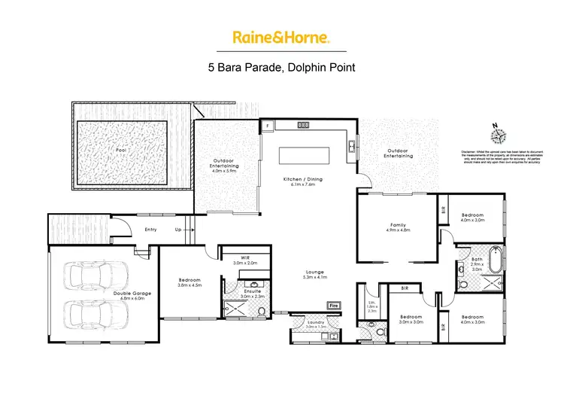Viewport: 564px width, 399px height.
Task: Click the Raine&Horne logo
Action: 281,37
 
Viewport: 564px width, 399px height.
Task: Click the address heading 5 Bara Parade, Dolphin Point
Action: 281,66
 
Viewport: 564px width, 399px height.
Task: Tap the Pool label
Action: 120,150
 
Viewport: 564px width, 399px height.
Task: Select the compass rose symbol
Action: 497,136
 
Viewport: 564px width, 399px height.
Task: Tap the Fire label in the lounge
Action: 332,305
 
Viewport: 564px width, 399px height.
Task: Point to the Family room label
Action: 398,224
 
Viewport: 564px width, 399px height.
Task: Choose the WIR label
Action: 239,258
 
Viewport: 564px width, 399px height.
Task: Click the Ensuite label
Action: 251,291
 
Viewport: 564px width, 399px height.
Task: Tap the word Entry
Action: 150,230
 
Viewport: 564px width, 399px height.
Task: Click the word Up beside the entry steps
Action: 178,230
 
